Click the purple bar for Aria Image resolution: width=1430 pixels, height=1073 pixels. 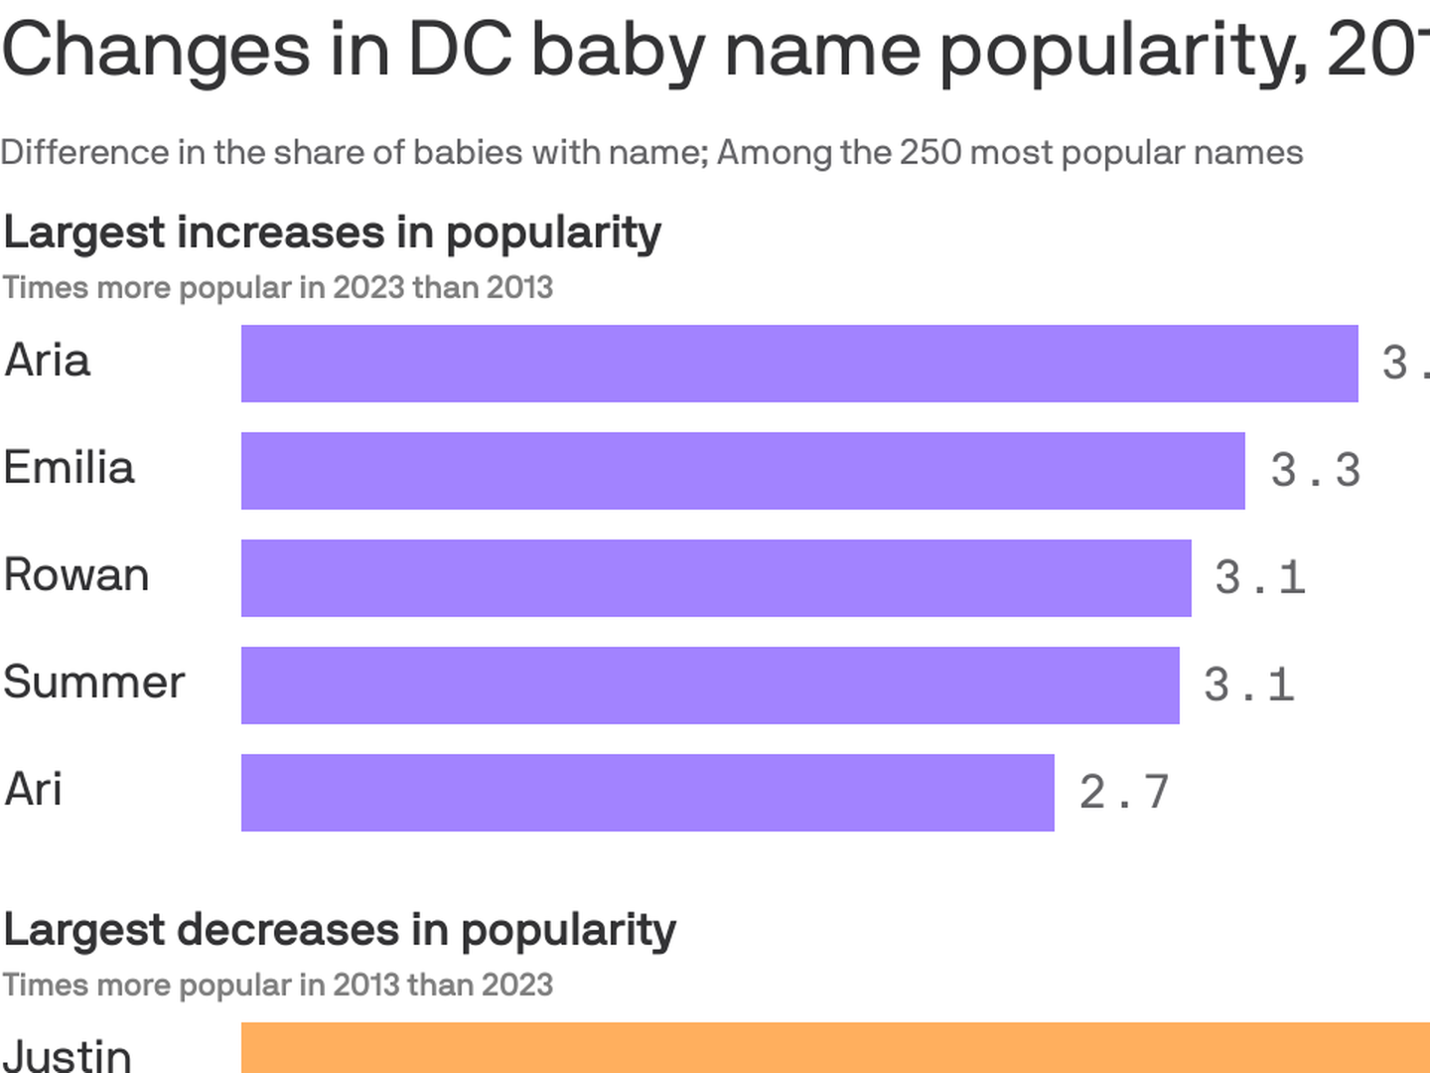click(x=799, y=364)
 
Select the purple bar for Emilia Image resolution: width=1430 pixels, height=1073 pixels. click(x=743, y=471)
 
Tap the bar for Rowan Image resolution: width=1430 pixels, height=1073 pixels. click(x=716, y=578)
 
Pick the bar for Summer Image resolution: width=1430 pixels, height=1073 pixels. click(x=710, y=686)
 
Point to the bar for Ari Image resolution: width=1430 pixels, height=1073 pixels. click(x=647, y=793)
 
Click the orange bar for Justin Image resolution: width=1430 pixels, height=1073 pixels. click(x=835, y=1048)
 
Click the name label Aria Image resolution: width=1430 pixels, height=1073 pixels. click(x=48, y=361)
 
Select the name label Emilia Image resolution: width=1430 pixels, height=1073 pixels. click(x=69, y=468)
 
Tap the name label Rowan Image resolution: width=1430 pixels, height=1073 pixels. click(x=76, y=575)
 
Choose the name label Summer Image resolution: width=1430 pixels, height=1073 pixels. click(x=94, y=683)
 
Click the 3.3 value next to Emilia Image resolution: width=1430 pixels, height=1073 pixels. click(x=1315, y=471)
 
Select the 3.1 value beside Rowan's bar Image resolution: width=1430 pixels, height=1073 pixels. click(x=1259, y=578)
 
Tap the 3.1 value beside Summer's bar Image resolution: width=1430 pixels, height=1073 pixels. click(x=1248, y=686)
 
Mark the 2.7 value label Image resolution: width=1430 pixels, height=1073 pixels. click(x=1124, y=793)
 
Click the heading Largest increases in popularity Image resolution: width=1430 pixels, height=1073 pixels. click(x=333, y=233)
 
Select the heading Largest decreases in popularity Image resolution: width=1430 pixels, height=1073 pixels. click(x=340, y=931)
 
